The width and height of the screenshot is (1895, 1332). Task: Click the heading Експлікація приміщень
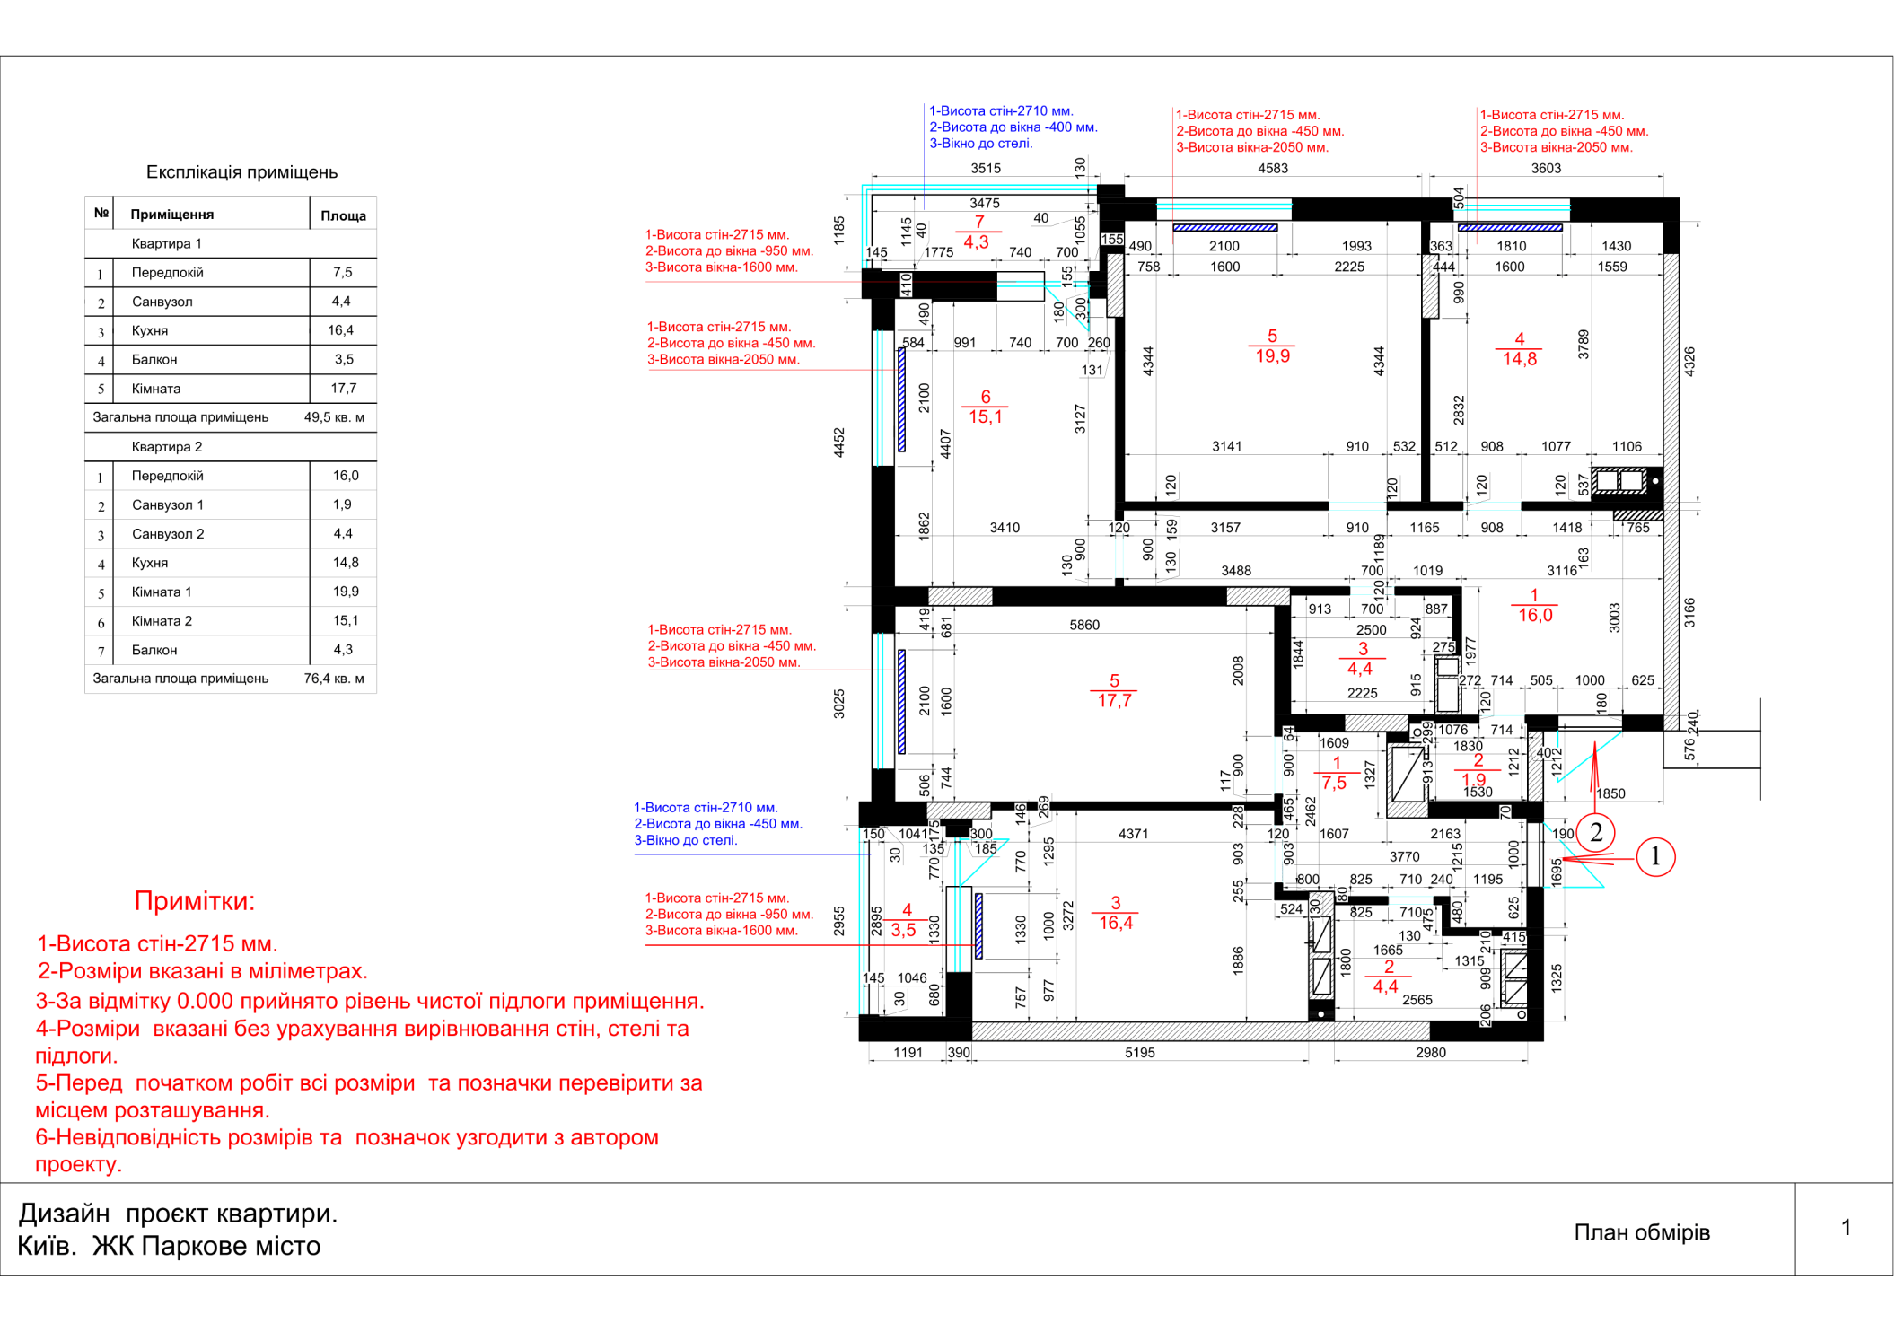pyautogui.click(x=241, y=172)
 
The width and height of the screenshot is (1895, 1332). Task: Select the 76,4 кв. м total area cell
pyautogui.click(x=334, y=679)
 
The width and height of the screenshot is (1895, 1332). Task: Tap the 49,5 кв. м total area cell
pyautogui.click(x=334, y=417)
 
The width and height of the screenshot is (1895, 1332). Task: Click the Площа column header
pyautogui.click(x=343, y=215)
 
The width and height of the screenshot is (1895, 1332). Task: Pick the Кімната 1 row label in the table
pyautogui.click(x=162, y=592)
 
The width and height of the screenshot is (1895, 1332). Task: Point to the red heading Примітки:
pyautogui.click(x=195, y=901)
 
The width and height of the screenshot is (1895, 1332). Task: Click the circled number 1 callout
pyautogui.click(x=1655, y=856)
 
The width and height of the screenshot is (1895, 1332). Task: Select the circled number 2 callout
pyautogui.click(x=1595, y=832)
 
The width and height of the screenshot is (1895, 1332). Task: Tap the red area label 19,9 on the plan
pyautogui.click(x=1272, y=356)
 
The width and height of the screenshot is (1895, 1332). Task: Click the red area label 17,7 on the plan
pyautogui.click(x=1114, y=701)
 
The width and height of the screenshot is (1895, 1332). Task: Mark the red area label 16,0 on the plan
pyautogui.click(x=1535, y=615)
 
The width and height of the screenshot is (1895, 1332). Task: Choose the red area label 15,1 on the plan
pyautogui.click(x=985, y=416)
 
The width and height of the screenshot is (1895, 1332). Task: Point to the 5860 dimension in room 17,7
pyautogui.click(x=1084, y=625)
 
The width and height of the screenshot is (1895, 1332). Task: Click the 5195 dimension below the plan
pyautogui.click(x=1139, y=1053)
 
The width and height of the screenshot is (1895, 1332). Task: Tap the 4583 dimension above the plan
pyautogui.click(x=1272, y=169)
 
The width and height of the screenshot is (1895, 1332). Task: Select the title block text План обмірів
pyautogui.click(x=1642, y=1232)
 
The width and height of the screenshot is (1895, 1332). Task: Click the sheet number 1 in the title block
pyautogui.click(x=1846, y=1228)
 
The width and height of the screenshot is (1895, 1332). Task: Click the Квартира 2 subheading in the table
pyautogui.click(x=167, y=447)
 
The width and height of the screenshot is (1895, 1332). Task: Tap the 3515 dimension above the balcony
pyautogui.click(x=986, y=169)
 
